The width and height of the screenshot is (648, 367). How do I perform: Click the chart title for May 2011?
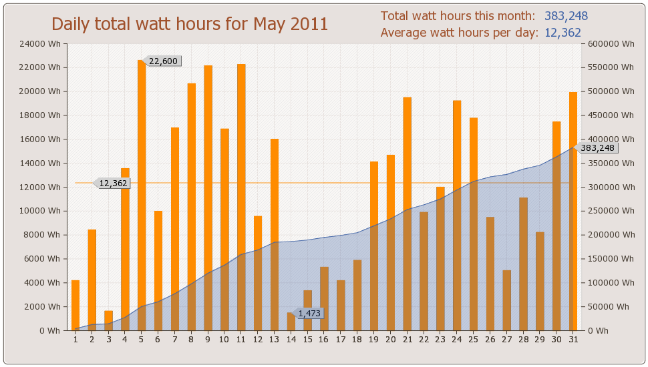pyautogui.click(x=190, y=24)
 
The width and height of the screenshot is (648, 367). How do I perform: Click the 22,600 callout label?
pyautogui.click(x=163, y=61)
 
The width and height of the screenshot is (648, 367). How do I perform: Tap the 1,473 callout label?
pyautogui.click(x=310, y=313)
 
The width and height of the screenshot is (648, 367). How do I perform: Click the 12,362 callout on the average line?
pyautogui.click(x=112, y=183)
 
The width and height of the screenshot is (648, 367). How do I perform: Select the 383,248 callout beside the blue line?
pyautogui.click(x=597, y=148)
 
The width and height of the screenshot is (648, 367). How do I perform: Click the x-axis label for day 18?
pyautogui.click(x=357, y=340)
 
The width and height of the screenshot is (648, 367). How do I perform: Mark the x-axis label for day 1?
pyautogui.click(x=75, y=340)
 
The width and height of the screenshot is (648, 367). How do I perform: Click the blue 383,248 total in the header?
pyautogui.click(x=566, y=16)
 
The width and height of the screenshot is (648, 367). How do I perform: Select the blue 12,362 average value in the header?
pyautogui.click(x=562, y=32)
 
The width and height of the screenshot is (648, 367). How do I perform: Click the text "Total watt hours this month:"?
pyautogui.click(x=458, y=16)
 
